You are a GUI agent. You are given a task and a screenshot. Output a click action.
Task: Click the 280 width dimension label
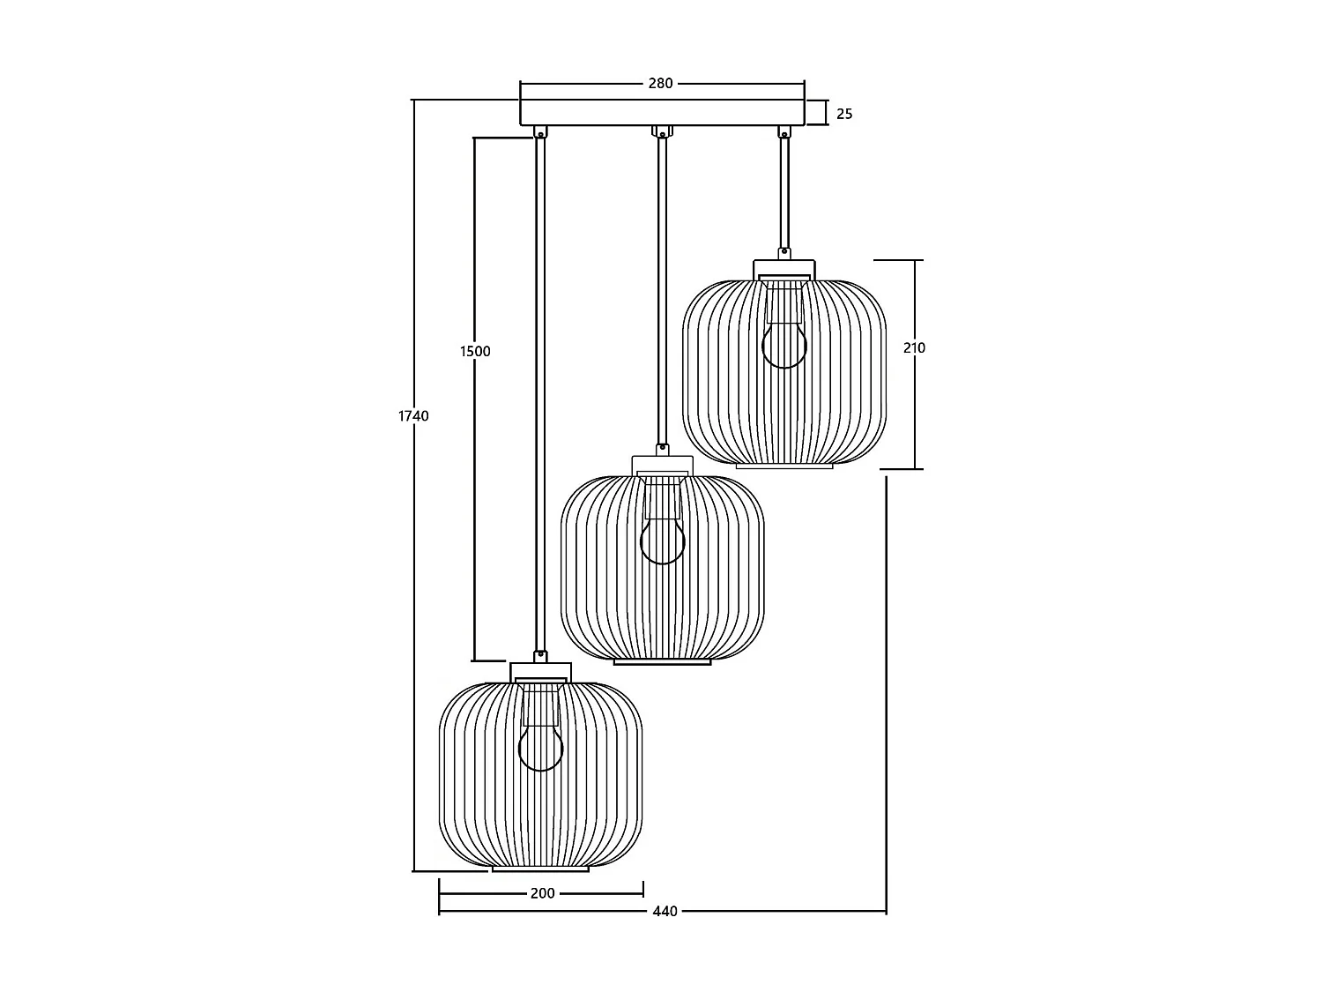[x=660, y=83]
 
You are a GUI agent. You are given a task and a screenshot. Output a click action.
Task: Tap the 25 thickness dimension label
[x=844, y=114]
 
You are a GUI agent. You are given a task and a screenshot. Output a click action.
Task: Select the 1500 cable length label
[x=475, y=351]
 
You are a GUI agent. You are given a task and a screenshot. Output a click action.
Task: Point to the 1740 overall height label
[x=413, y=415]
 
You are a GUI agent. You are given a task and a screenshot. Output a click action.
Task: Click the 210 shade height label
[x=914, y=347]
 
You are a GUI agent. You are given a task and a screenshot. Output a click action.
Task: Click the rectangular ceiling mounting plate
[x=662, y=113]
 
